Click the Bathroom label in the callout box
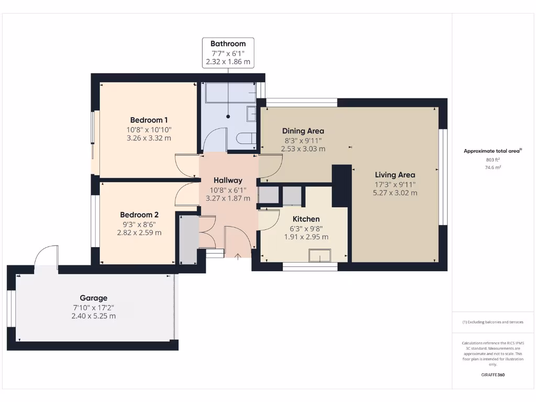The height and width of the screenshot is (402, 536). [x=228, y=43]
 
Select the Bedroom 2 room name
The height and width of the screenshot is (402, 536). [x=139, y=215]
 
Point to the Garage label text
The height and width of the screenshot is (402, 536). [x=94, y=298]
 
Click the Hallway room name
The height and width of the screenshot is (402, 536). [x=228, y=180]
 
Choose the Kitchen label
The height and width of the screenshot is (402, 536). [x=306, y=219]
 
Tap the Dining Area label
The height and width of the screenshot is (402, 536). [x=303, y=131]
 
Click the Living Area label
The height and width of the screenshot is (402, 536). [x=395, y=175]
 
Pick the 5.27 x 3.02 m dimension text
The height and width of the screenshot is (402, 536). [x=395, y=193]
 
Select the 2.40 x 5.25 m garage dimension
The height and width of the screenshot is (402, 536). [x=94, y=316]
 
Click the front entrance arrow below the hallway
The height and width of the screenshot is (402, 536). [x=238, y=256]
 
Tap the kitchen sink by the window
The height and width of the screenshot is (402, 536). [x=320, y=255]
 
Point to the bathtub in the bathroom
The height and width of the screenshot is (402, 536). [x=230, y=93]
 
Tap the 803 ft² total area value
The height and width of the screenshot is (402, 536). [x=493, y=159]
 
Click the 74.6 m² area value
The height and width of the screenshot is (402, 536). [x=493, y=167]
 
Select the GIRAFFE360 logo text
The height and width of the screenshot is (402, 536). [x=493, y=375]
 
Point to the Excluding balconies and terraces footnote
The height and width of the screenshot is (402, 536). [x=493, y=322]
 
